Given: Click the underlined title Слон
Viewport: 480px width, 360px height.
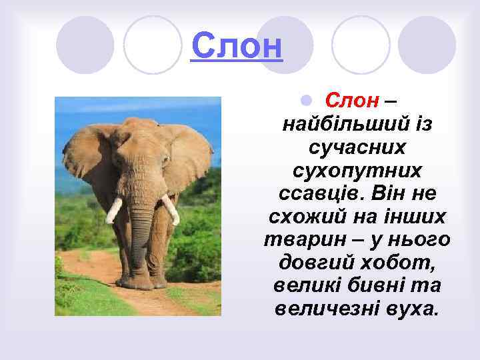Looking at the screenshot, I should click(237, 45).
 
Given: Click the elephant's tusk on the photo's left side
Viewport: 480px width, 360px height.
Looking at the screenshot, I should click(113, 210).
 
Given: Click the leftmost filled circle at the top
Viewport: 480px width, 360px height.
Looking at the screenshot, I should click(85, 45).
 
